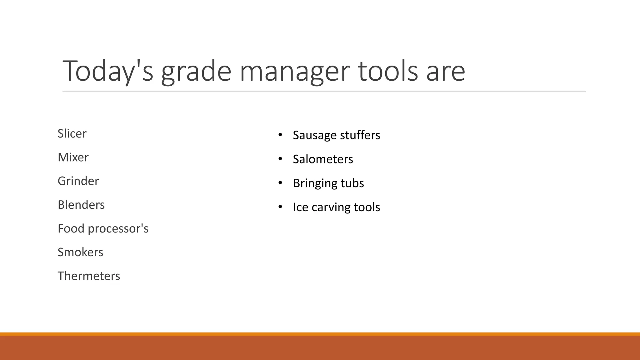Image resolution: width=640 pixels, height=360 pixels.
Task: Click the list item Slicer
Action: (72, 133)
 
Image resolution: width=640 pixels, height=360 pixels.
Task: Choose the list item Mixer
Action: (73, 157)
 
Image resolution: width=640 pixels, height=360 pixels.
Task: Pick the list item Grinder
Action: (78, 181)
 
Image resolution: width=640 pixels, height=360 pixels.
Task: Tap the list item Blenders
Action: (81, 205)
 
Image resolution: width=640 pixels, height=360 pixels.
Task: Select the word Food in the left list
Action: (71, 228)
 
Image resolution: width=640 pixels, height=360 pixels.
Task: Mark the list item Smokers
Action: (80, 252)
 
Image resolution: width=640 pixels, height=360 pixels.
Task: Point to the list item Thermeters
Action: (89, 276)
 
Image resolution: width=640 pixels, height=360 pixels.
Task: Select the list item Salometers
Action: (323, 159)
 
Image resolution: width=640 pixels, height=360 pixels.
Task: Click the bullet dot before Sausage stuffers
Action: (280, 135)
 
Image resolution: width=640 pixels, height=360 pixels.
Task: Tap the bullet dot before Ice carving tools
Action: (280, 207)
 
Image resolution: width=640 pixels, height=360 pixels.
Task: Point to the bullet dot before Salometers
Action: (280, 159)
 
